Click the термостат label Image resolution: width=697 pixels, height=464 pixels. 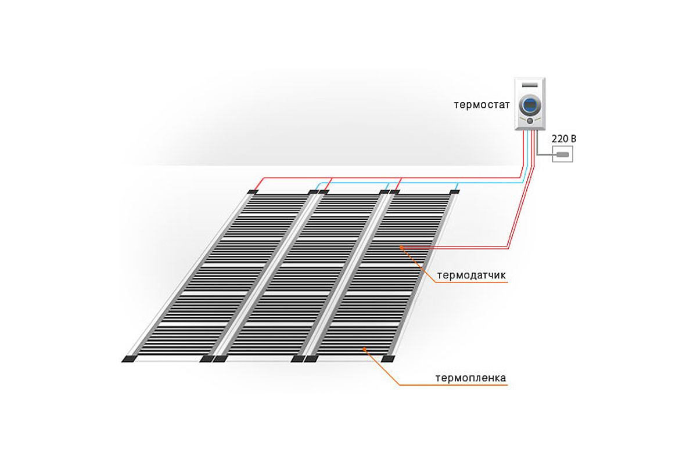point(482,105)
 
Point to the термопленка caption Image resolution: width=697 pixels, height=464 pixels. point(470,378)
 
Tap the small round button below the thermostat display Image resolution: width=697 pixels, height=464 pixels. point(530,121)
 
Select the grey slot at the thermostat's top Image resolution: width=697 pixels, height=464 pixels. point(530,85)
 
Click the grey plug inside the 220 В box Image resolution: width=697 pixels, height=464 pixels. point(563,154)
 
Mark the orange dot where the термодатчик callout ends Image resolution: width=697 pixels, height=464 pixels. point(401,248)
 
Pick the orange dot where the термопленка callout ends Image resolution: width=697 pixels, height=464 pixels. point(364,349)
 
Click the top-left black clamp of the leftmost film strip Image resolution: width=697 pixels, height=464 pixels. point(253,192)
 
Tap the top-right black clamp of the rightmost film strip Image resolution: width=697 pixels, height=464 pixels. point(455,191)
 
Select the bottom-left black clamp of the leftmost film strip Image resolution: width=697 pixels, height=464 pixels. point(129,359)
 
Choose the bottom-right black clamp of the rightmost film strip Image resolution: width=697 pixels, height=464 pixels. point(388,358)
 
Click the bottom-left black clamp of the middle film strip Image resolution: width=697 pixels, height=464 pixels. point(220,359)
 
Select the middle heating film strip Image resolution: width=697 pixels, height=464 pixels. point(302,273)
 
